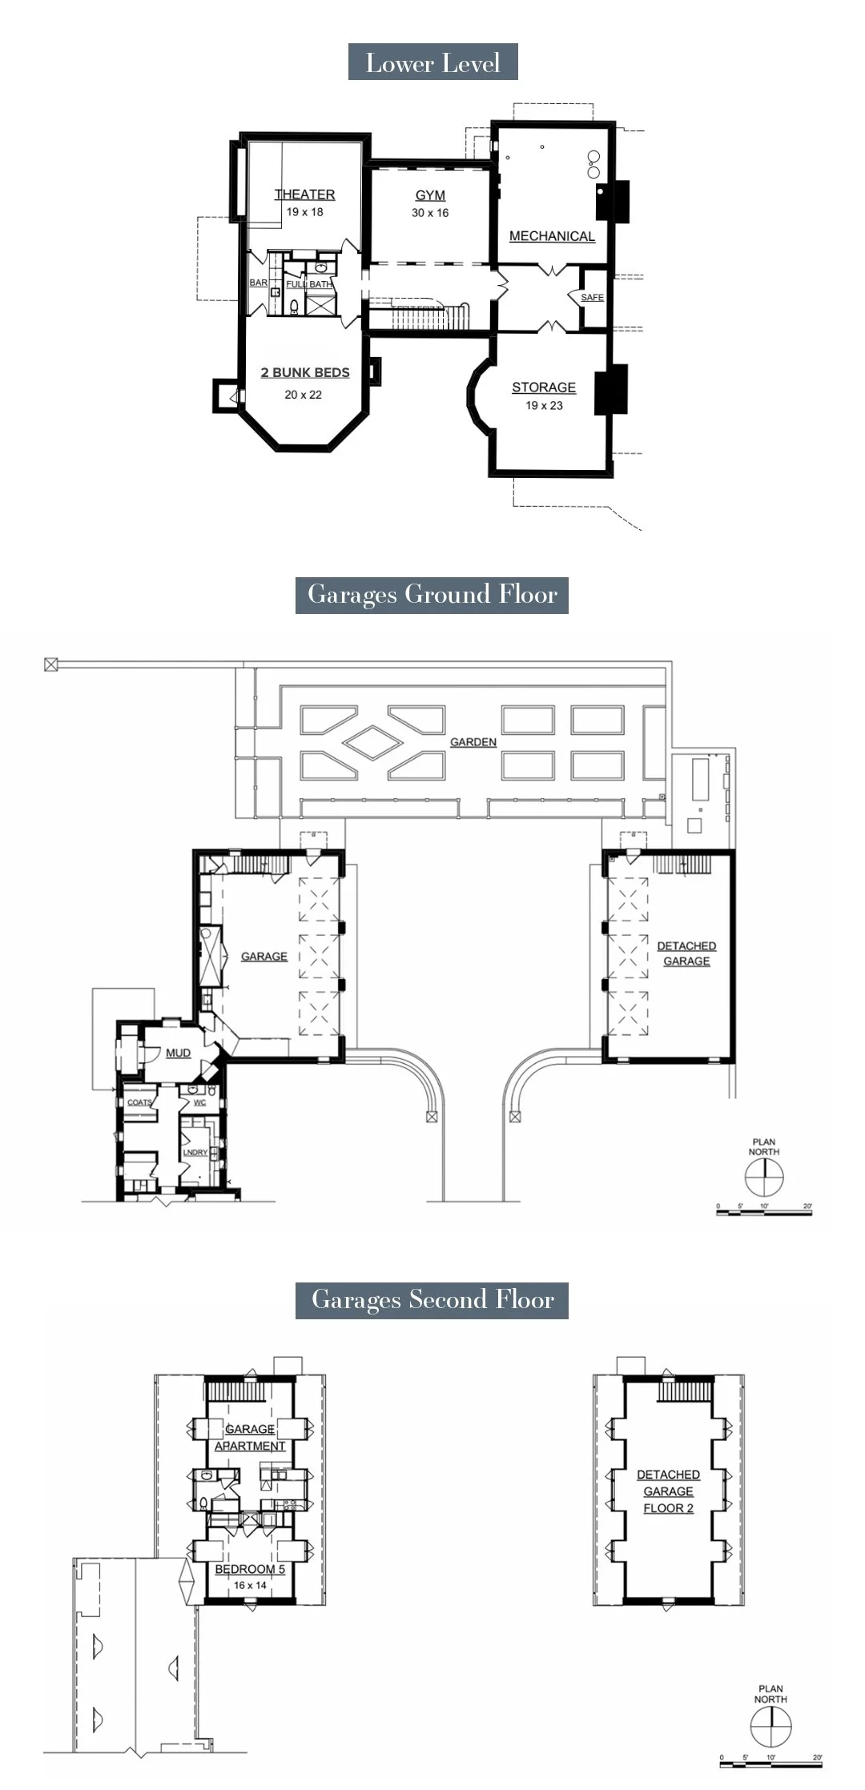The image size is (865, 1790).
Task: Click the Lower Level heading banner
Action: (432, 62)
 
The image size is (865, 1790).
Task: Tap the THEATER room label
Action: (304, 195)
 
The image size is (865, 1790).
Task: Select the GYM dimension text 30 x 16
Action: (430, 213)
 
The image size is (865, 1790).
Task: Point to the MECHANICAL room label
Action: (552, 236)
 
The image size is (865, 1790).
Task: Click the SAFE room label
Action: (592, 297)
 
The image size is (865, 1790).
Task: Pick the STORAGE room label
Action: (544, 387)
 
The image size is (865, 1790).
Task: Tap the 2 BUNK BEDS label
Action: (305, 372)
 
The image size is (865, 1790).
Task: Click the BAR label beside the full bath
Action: (259, 283)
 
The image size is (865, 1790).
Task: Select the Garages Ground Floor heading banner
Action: (432, 595)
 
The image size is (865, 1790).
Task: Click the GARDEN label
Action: (473, 742)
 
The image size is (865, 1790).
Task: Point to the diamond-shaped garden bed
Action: (374, 742)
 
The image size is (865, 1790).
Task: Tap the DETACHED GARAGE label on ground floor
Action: (686, 953)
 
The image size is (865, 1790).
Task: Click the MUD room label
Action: (178, 1053)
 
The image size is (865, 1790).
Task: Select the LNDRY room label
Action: (195, 1153)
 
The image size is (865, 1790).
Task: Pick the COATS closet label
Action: (139, 1102)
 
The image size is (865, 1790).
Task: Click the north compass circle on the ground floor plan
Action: (763, 1178)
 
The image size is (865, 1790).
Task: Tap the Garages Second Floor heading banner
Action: (432, 1299)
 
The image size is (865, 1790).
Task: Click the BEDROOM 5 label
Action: (250, 1569)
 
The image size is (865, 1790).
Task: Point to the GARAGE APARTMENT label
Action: (250, 1437)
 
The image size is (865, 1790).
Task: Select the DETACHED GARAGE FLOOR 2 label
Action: (668, 1491)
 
